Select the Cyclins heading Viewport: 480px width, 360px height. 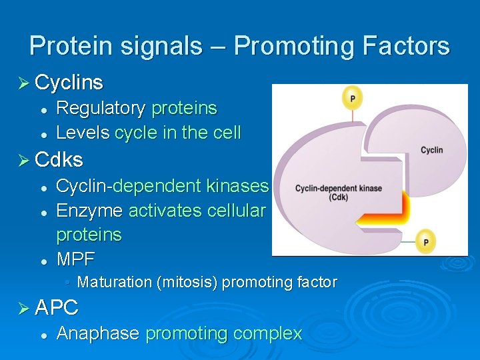click(x=69, y=83)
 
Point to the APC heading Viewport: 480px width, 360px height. click(x=57, y=307)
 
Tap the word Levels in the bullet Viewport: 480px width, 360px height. click(x=83, y=133)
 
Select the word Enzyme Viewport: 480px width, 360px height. click(x=89, y=211)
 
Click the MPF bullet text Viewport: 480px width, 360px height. click(x=76, y=259)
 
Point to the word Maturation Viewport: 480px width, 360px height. click(x=115, y=282)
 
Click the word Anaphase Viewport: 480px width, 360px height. click(x=98, y=333)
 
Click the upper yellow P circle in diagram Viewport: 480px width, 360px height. click(x=352, y=98)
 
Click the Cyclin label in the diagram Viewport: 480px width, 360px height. click(x=431, y=150)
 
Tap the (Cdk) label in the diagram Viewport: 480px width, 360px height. click(x=338, y=197)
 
